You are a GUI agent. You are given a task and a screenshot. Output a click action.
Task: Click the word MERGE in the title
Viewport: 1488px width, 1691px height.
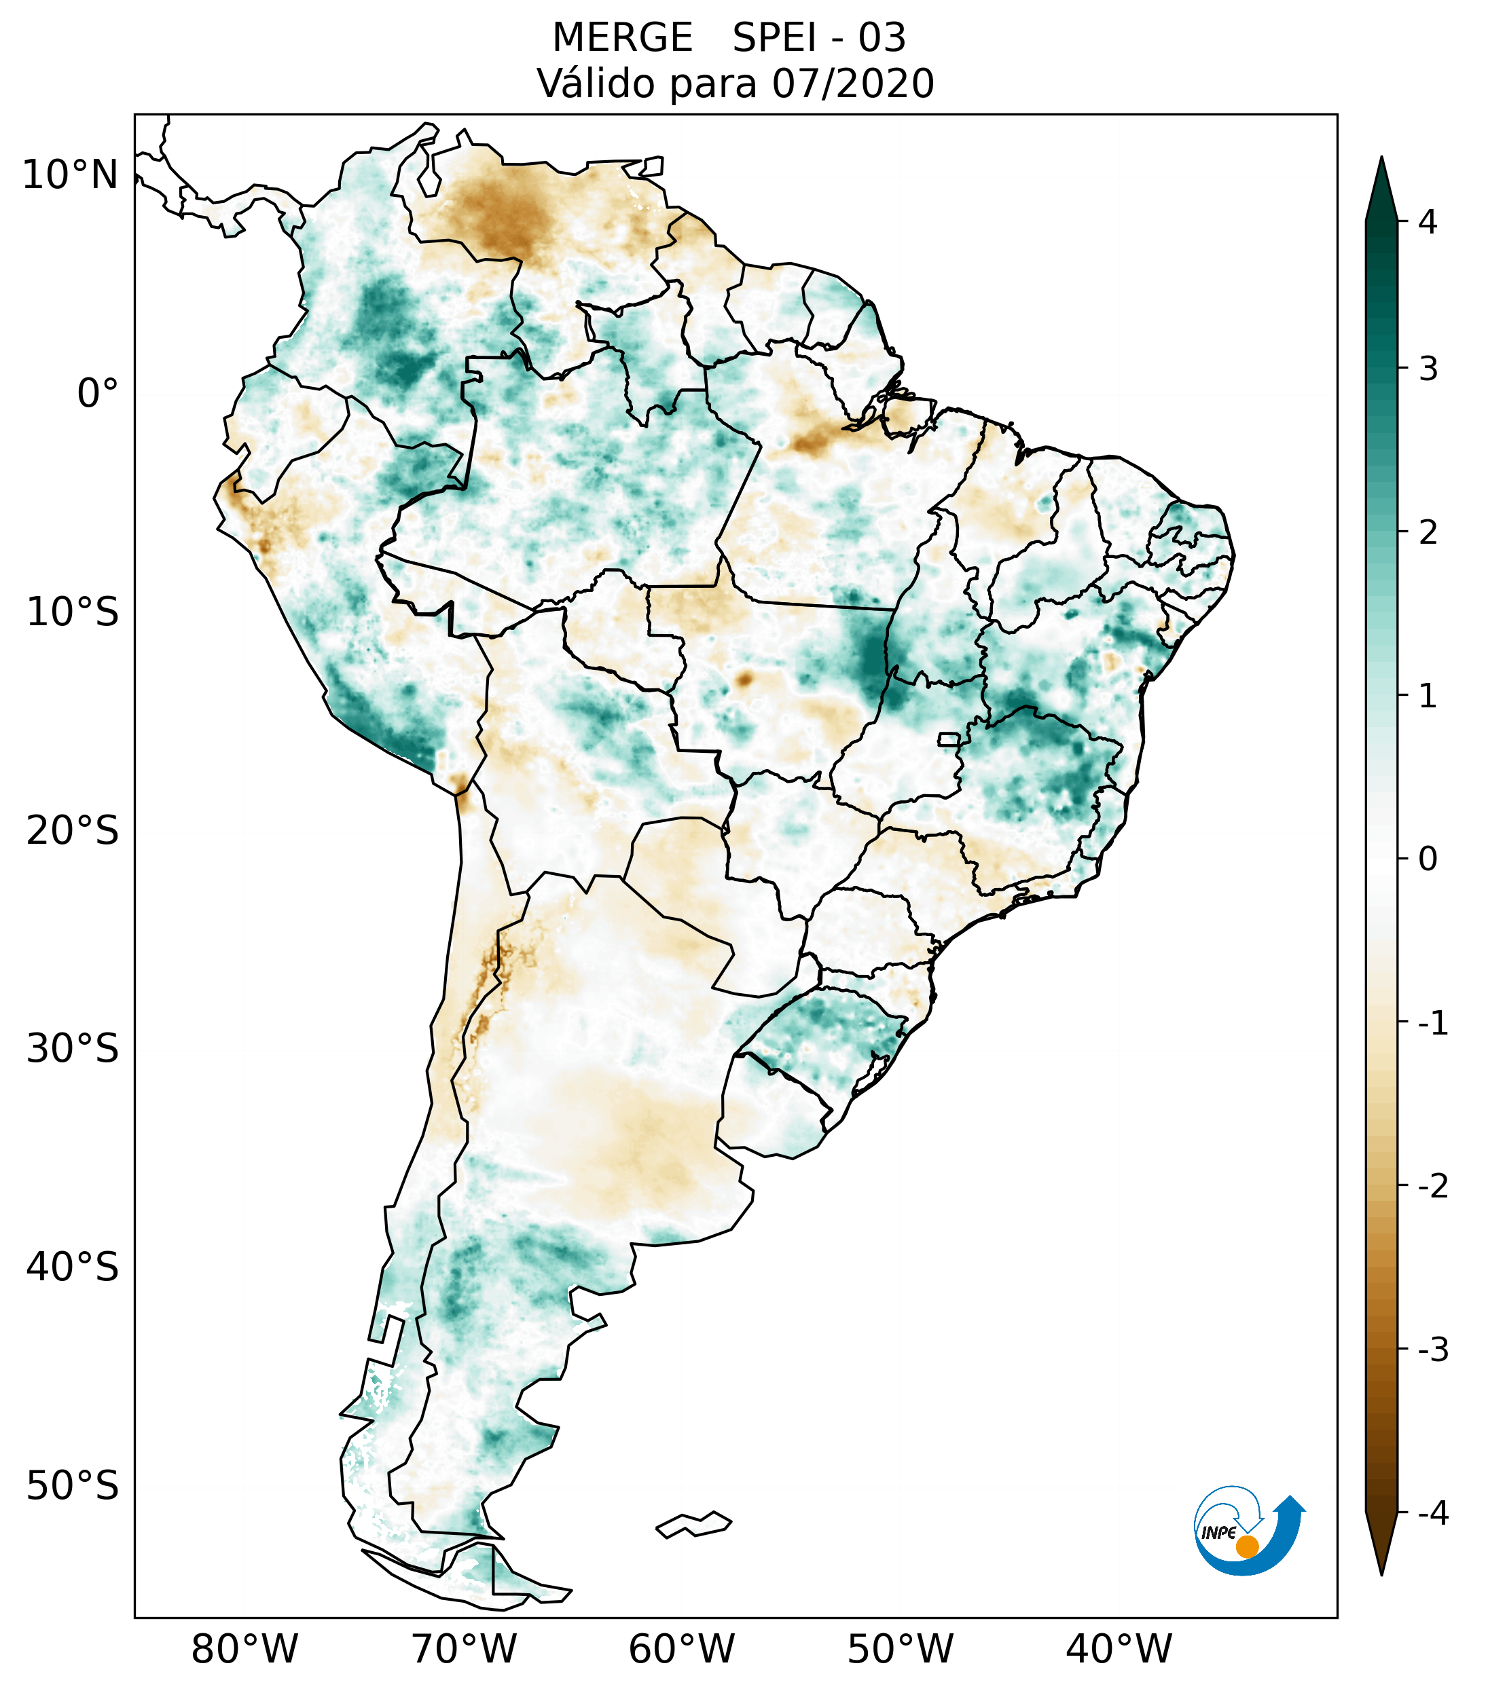[621, 38]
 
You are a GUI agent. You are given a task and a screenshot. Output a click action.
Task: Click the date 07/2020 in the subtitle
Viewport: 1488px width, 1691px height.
[852, 83]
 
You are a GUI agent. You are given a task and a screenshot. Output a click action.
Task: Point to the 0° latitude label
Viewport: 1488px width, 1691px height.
[97, 393]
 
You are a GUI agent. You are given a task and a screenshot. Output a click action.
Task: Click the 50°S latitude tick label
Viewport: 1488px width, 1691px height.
[73, 1486]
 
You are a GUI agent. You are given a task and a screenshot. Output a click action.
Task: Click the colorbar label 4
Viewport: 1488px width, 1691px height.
[1427, 222]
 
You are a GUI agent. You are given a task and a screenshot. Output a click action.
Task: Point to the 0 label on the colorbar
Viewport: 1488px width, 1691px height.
[1427, 859]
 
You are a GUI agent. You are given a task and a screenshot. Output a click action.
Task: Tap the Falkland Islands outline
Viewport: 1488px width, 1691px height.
[693, 1524]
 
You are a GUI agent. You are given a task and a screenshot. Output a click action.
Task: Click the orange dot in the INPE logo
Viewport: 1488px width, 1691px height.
[1246, 1546]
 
